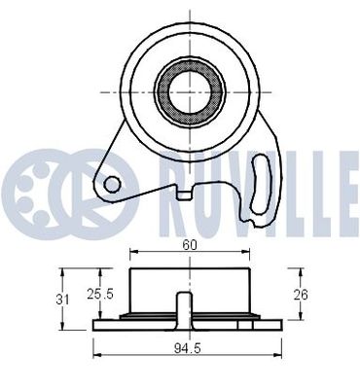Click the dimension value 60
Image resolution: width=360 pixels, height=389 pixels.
[190, 246]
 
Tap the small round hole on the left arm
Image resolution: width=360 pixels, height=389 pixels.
[112, 183]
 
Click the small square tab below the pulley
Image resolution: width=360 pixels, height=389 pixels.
[183, 194]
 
